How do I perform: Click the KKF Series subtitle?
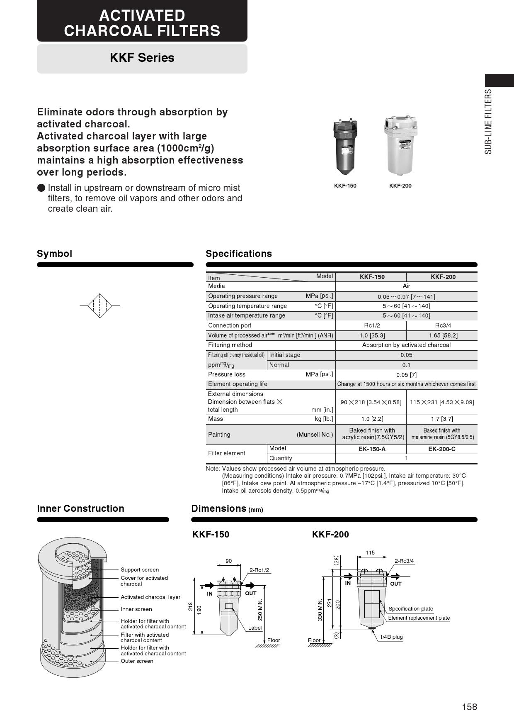point(142,58)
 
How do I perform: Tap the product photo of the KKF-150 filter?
point(345,147)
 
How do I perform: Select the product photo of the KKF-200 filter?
point(400,146)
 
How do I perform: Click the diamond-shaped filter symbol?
point(100,305)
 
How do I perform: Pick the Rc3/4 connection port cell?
point(442,325)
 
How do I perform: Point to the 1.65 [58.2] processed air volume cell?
point(442,335)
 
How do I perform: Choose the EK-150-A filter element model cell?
point(372,449)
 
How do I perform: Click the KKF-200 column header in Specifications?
point(443,277)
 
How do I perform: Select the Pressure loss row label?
point(227,374)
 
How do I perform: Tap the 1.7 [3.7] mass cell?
point(442,419)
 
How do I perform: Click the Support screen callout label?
point(140,570)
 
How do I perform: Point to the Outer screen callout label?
point(137,661)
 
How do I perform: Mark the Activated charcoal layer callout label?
point(150,597)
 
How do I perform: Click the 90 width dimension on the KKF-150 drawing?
point(229,561)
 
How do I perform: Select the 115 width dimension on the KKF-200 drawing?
point(370,553)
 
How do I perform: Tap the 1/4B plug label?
point(391,637)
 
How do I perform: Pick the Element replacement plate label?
point(419,618)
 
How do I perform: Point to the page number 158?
point(469,707)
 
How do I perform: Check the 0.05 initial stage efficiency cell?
point(406,355)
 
